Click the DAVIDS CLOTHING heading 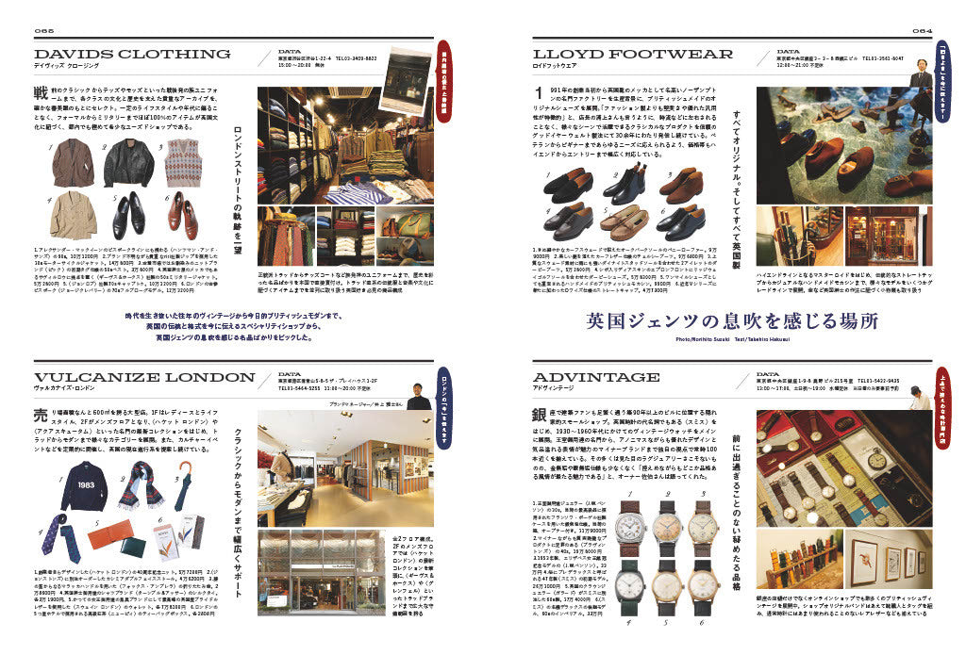click(x=132, y=54)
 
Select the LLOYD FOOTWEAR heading click(x=633, y=54)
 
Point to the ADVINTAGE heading click(x=596, y=377)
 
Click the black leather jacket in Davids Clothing click(x=127, y=162)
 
